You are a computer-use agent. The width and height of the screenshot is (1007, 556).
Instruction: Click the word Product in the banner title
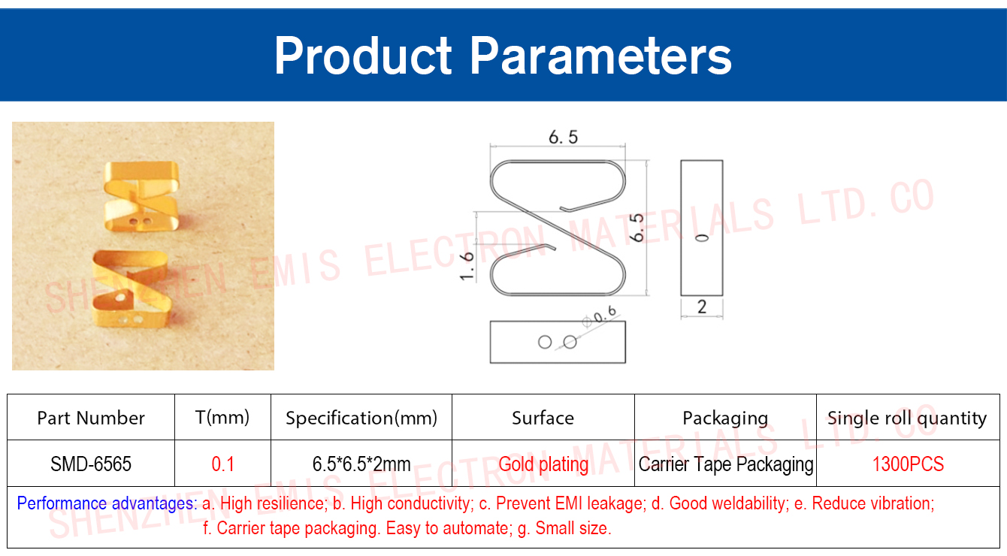[363, 56]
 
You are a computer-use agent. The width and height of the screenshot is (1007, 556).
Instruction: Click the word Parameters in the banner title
[600, 56]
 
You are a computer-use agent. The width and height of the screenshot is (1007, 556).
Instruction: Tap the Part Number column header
[91, 418]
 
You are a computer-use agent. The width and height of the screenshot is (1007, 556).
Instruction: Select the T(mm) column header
[222, 418]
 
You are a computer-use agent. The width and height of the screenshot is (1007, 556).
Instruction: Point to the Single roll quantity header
[907, 418]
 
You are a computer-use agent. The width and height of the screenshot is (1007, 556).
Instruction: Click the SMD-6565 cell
[91, 464]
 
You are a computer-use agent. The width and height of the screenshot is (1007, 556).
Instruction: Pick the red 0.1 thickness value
[222, 464]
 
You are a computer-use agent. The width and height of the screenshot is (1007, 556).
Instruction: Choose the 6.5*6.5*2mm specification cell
[361, 464]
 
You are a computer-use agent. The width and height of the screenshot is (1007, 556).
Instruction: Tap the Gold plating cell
[543, 464]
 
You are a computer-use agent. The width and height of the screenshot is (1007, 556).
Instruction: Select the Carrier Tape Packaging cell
[726, 464]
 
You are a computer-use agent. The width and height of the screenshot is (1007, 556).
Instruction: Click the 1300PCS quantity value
[908, 464]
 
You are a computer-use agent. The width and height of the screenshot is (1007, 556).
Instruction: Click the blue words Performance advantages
[107, 503]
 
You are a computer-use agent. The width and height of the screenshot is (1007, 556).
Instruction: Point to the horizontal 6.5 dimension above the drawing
[564, 137]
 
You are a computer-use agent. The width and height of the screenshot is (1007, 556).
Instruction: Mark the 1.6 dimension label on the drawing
[467, 266]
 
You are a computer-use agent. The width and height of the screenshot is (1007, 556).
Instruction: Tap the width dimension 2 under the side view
[702, 307]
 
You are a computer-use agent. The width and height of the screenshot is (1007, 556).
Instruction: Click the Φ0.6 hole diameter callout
[600, 316]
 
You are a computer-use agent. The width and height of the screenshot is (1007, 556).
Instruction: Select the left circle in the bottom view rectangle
[545, 343]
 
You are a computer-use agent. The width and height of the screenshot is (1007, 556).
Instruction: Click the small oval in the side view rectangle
[702, 237]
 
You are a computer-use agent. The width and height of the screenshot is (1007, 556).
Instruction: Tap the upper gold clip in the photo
[141, 196]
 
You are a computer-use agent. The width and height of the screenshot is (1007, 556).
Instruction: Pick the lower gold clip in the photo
[132, 288]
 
